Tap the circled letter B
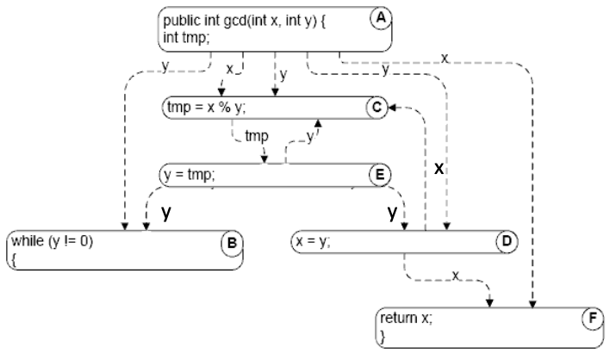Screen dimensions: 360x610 (230, 243)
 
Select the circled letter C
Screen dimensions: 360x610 (376, 108)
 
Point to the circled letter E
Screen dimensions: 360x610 (377, 175)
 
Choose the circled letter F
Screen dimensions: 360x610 (591, 319)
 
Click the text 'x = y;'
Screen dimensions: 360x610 (312, 242)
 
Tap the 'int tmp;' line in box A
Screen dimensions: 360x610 (185, 38)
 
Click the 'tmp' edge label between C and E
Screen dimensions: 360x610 (257, 137)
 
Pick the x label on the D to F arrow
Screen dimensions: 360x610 (456, 276)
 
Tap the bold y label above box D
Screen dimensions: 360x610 (392, 211)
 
